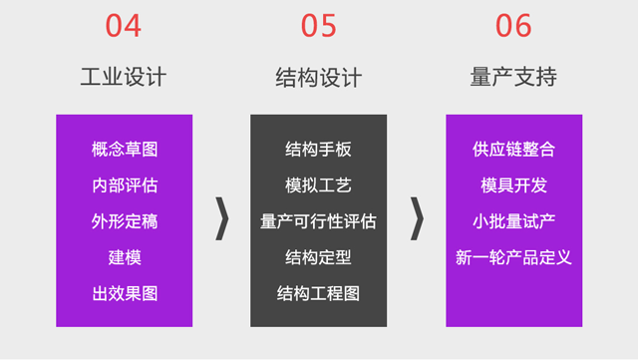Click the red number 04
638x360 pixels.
click(x=124, y=26)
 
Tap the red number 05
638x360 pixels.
click(x=318, y=26)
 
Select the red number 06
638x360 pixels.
click(x=513, y=26)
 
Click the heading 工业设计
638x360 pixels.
click(x=124, y=77)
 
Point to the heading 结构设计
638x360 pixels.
click(x=318, y=77)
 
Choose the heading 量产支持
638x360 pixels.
click(x=513, y=77)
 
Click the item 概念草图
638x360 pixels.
click(x=125, y=150)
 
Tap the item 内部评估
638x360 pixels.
click(x=125, y=185)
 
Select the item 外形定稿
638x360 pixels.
click(x=125, y=221)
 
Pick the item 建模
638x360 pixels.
click(x=125, y=257)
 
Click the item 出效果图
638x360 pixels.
click(x=125, y=293)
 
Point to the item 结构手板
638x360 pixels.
click(x=318, y=150)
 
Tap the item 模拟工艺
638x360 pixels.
click(x=318, y=185)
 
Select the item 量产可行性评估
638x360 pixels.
click(x=318, y=221)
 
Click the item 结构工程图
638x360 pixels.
click(x=318, y=293)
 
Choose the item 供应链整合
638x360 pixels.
click(x=513, y=150)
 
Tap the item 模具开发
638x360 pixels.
click(x=513, y=185)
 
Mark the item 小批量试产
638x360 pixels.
click(x=513, y=221)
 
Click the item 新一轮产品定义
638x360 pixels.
click(x=513, y=257)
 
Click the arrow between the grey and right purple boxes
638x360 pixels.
click(x=417, y=218)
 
